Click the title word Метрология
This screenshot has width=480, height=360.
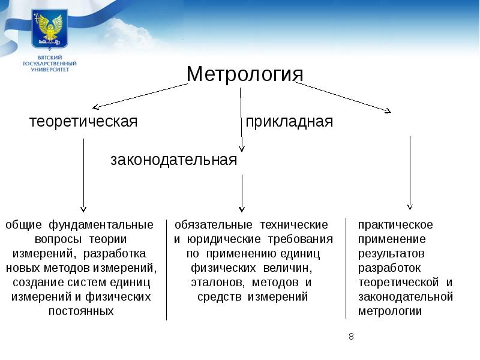pos(245,74)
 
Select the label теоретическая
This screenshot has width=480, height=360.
pos(84,122)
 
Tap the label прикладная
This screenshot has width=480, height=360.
pos(289,122)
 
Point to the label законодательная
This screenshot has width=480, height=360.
pos(174,160)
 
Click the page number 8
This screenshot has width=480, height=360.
pos(351,337)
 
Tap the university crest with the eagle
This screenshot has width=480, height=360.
pos(50,29)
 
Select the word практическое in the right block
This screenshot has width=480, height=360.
pos(395,225)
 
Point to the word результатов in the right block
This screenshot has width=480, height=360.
pos(391,254)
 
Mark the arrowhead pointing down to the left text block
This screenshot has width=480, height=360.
pos(83,208)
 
